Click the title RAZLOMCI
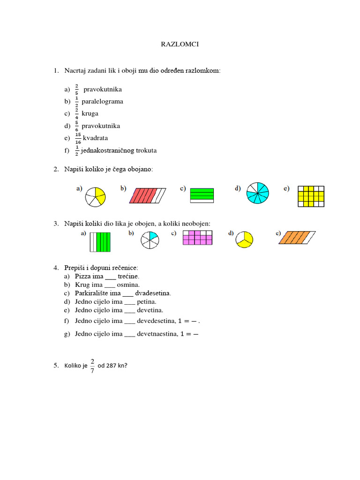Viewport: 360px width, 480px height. [180, 45]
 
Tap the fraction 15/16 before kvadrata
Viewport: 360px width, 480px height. [78, 138]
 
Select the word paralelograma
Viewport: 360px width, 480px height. [102, 101]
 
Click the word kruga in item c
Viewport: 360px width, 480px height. [90, 113]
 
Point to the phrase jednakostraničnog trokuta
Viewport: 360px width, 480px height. [119, 150]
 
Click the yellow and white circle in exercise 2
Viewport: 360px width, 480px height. [96, 197]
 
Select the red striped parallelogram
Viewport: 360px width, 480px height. [148, 195]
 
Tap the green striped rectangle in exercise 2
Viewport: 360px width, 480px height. [202, 195]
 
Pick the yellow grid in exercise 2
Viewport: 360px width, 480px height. [311, 196]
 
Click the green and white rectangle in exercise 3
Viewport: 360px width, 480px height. [100, 242]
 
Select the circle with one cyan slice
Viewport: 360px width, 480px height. [150, 240]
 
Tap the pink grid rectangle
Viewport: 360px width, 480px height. [197, 238]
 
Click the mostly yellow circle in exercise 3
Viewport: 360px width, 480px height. [244, 239]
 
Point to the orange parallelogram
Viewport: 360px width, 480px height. [297, 237]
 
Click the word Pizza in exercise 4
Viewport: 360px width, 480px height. [83, 277]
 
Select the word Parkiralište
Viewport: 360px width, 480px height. [93, 293]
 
